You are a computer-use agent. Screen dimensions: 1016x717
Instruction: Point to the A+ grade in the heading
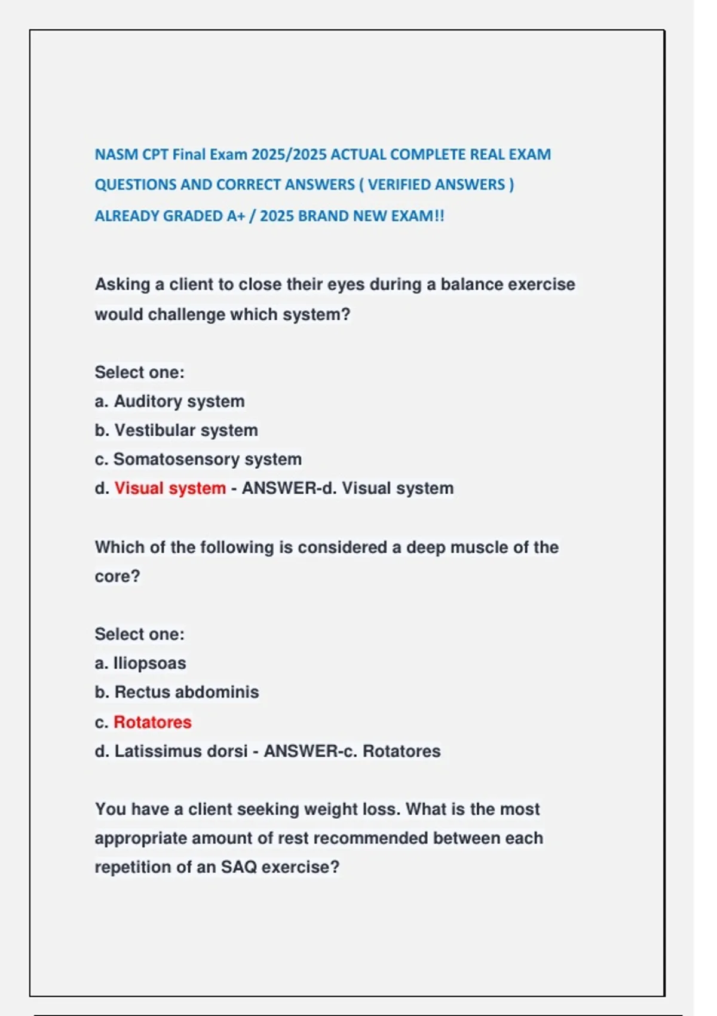pos(235,216)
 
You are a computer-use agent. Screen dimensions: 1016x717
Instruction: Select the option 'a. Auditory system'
pos(170,401)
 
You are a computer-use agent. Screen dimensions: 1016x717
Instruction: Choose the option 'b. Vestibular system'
pos(176,430)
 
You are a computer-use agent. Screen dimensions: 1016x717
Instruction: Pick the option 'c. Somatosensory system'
pos(198,459)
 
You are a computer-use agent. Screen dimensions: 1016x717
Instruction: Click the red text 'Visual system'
pos(170,488)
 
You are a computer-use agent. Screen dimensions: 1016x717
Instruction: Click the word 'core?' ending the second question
pos(117,577)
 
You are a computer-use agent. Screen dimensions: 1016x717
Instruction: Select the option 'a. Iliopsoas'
pos(140,663)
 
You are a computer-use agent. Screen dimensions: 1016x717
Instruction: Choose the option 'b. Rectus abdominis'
pos(177,692)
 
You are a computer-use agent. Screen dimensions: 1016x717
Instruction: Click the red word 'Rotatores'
pos(152,722)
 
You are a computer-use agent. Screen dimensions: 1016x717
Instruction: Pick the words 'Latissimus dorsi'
pos(180,751)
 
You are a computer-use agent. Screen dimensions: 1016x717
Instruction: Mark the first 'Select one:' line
pos(140,372)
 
